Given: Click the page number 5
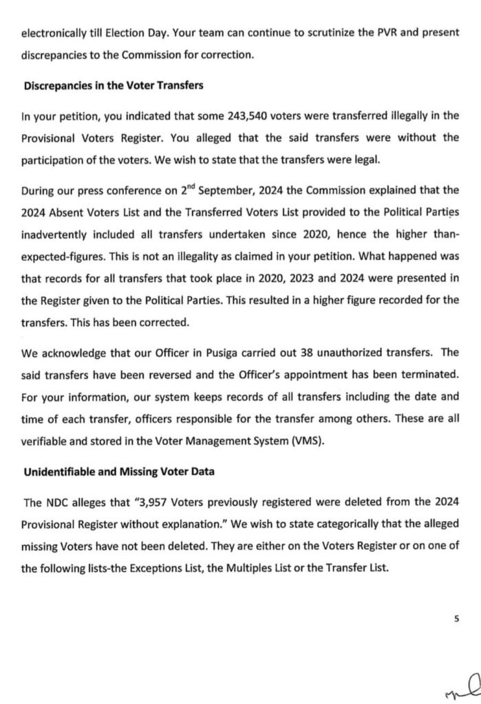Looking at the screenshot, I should (456, 618).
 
